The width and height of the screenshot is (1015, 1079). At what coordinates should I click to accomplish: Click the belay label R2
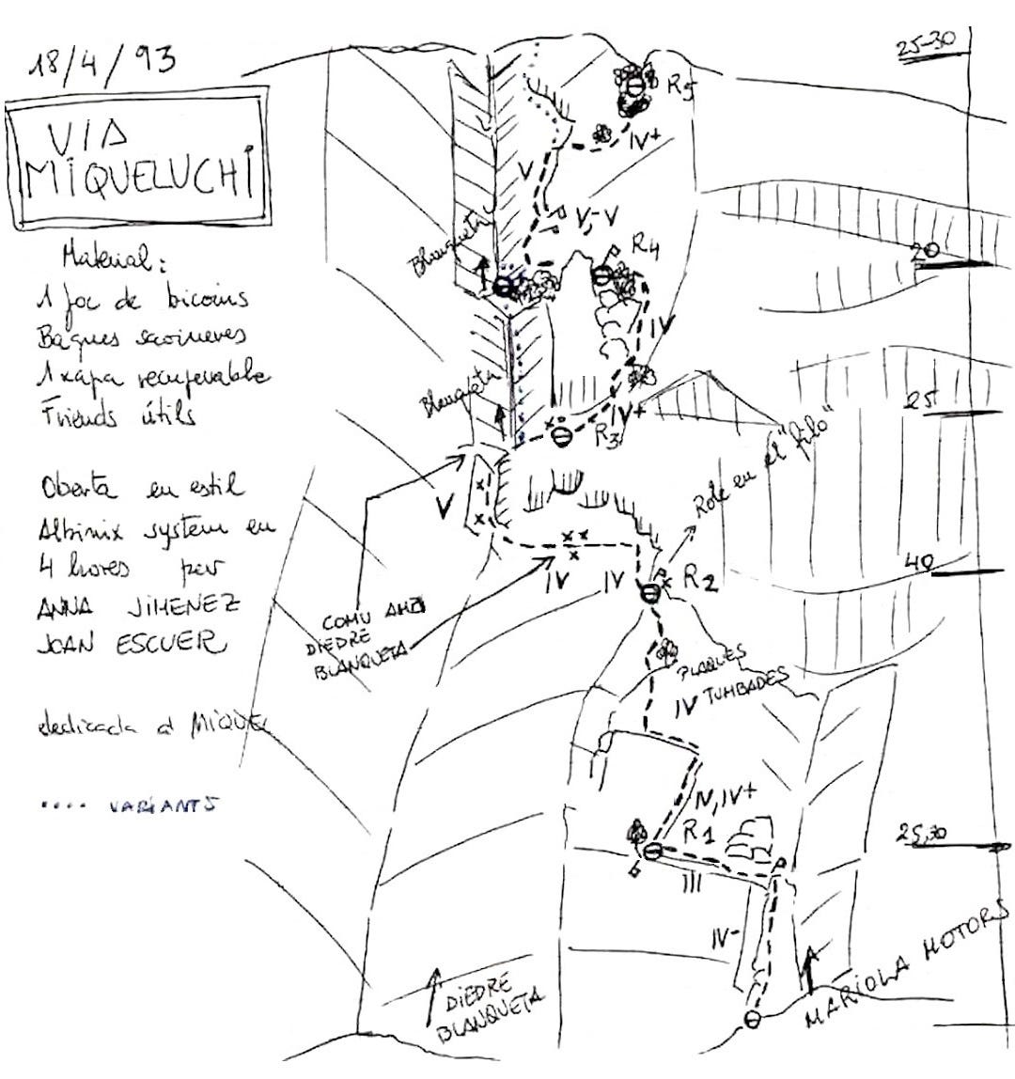[700, 580]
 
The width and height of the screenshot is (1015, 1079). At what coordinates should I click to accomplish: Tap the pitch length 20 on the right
[925, 249]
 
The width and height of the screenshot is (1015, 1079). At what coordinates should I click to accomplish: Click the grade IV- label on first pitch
[725, 935]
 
